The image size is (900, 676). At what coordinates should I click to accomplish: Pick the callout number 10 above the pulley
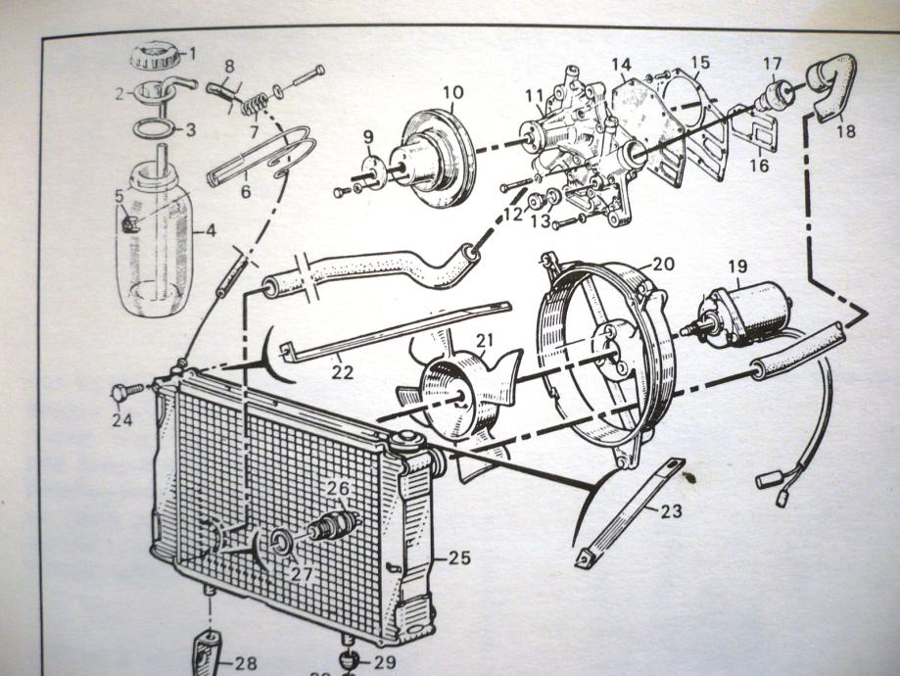tap(451, 94)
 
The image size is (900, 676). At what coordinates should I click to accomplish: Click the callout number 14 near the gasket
tap(622, 67)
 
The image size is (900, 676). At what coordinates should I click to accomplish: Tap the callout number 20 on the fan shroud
tap(663, 264)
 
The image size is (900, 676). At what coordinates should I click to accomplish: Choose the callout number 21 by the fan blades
tap(484, 340)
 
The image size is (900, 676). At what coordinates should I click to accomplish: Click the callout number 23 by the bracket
tap(670, 510)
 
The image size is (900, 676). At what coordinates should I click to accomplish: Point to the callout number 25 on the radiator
tap(459, 558)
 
